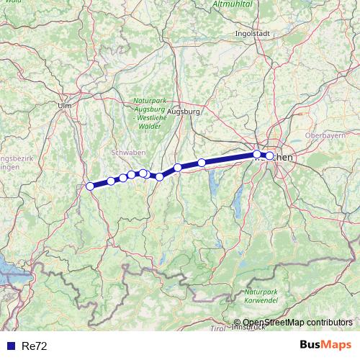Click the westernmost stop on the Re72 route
[90, 186]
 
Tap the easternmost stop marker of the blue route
[269, 156]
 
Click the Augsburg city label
[183, 112]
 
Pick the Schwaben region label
[129, 153]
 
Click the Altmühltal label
[232, 4]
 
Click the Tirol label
[217, 328]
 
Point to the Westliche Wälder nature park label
[149, 116]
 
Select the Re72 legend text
[35, 346]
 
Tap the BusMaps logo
[325, 346]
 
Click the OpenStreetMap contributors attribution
[297, 323]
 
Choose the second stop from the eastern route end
[257, 154]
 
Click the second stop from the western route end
[111, 181]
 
